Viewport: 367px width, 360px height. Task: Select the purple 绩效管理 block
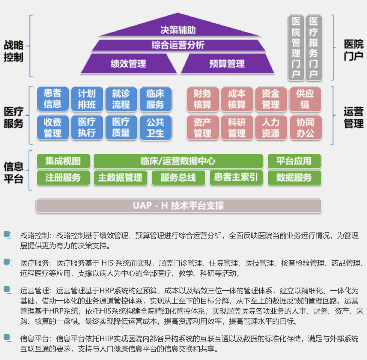tap(129, 64)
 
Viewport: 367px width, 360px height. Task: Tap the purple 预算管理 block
tap(227, 64)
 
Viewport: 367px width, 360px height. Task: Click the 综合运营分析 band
tap(178, 45)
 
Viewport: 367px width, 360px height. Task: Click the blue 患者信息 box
tap(53, 99)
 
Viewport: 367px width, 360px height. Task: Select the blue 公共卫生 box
tap(155, 127)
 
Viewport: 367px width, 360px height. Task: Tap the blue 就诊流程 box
tap(121, 99)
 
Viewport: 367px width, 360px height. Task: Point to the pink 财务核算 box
tap(202, 99)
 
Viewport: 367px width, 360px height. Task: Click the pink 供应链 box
tap(305, 99)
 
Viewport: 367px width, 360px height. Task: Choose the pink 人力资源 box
tap(271, 127)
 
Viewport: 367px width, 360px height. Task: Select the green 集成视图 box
tap(63, 161)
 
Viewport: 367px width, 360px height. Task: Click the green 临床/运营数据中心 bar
tap(178, 161)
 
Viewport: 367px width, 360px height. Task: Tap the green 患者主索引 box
tap(236, 177)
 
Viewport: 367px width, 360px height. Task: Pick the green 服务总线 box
tap(178, 178)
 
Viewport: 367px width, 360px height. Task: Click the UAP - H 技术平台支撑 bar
tap(178, 206)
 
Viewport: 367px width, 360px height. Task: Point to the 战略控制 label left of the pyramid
tap(13, 51)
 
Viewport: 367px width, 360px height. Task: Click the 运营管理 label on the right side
tap(354, 117)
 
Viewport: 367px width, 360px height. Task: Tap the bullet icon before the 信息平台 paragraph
tap(8, 338)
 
